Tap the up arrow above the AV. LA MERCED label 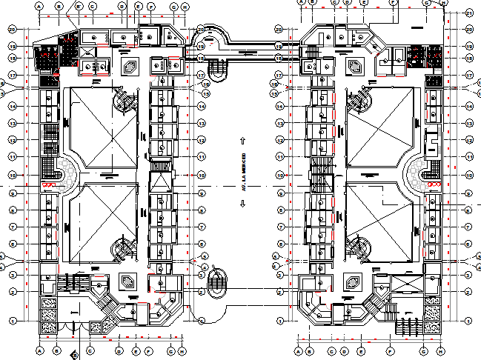click(x=242, y=140)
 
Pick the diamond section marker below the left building click(x=73, y=355)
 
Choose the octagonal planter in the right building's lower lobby click(x=354, y=282)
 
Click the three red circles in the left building click(x=50, y=185)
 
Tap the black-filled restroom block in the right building click(x=419, y=55)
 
